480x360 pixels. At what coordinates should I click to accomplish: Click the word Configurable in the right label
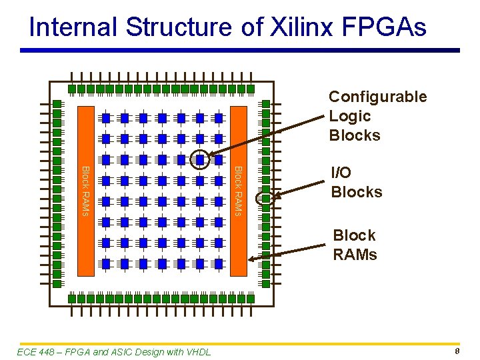tap(377, 97)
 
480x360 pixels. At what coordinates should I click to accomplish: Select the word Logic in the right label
tap(349, 116)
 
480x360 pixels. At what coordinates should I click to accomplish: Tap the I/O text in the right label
tap(341, 173)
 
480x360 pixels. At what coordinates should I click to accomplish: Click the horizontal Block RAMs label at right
tap(355, 245)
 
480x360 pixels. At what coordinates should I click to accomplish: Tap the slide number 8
tap(457, 351)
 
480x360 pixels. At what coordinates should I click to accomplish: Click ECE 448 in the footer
tap(33, 352)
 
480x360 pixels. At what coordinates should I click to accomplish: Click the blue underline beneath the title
tap(240, 50)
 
